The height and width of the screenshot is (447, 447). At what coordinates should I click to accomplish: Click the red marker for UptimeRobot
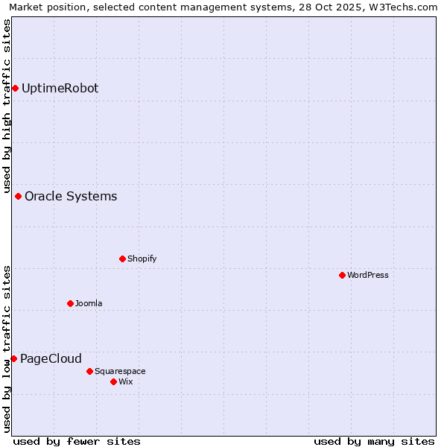[15, 89]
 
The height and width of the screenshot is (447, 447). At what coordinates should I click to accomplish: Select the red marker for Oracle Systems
[18, 197]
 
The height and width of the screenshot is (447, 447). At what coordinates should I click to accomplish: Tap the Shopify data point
[122, 259]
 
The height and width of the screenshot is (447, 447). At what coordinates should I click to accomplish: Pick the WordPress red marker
[342, 276]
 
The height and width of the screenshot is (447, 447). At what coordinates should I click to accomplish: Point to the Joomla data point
[70, 304]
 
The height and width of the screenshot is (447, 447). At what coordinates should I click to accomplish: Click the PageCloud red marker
[13, 359]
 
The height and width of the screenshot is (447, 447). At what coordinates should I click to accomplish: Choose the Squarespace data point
[89, 371]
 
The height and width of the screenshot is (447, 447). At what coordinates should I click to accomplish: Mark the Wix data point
[113, 382]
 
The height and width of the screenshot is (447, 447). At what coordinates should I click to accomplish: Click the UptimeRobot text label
[60, 89]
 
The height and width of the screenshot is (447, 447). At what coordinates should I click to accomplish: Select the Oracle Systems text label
[71, 197]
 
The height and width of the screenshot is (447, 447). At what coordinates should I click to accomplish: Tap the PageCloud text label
[51, 359]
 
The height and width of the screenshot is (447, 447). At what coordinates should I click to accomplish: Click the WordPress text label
[368, 276]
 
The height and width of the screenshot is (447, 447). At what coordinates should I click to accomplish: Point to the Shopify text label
[142, 259]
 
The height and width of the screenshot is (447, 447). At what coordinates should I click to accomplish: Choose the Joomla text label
[89, 304]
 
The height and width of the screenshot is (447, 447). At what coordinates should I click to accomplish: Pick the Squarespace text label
[120, 371]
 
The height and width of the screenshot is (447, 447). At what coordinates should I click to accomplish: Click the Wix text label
[126, 382]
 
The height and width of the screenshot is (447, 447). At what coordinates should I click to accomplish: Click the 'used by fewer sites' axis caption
[77, 441]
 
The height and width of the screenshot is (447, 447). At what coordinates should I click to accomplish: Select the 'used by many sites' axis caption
[374, 441]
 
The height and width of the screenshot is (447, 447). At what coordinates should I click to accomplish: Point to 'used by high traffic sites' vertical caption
[7, 104]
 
